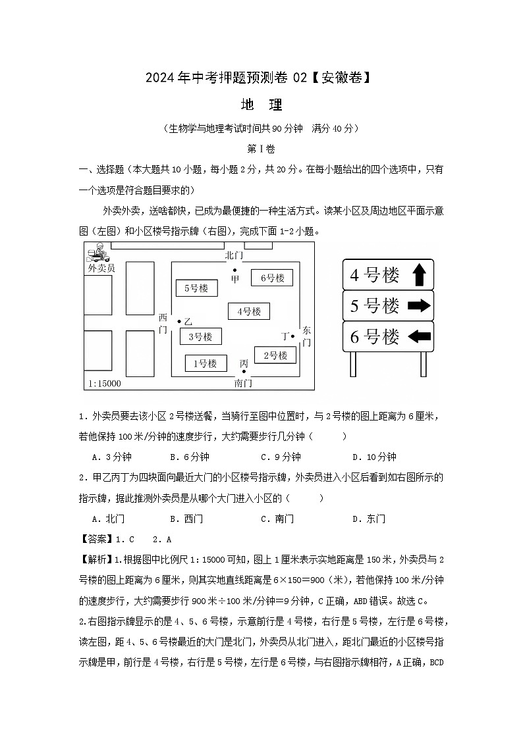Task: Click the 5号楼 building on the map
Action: (x=196, y=288)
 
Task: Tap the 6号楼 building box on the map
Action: (x=272, y=278)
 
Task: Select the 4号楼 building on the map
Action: (x=249, y=311)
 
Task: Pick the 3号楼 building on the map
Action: (x=200, y=337)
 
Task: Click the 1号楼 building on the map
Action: (x=205, y=363)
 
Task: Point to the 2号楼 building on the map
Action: (x=275, y=355)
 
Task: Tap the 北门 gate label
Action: (x=234, y=255)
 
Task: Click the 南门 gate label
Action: (x=243, y=382)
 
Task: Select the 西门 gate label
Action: (x=163, y=323)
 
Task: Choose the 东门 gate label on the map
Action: (x=306, y=336)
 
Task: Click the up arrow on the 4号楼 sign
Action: (x=418, y=274)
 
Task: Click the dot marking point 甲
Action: (x=234, y=270)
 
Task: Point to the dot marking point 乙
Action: (x=179, y=321)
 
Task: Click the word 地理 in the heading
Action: (x=261, y=105)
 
